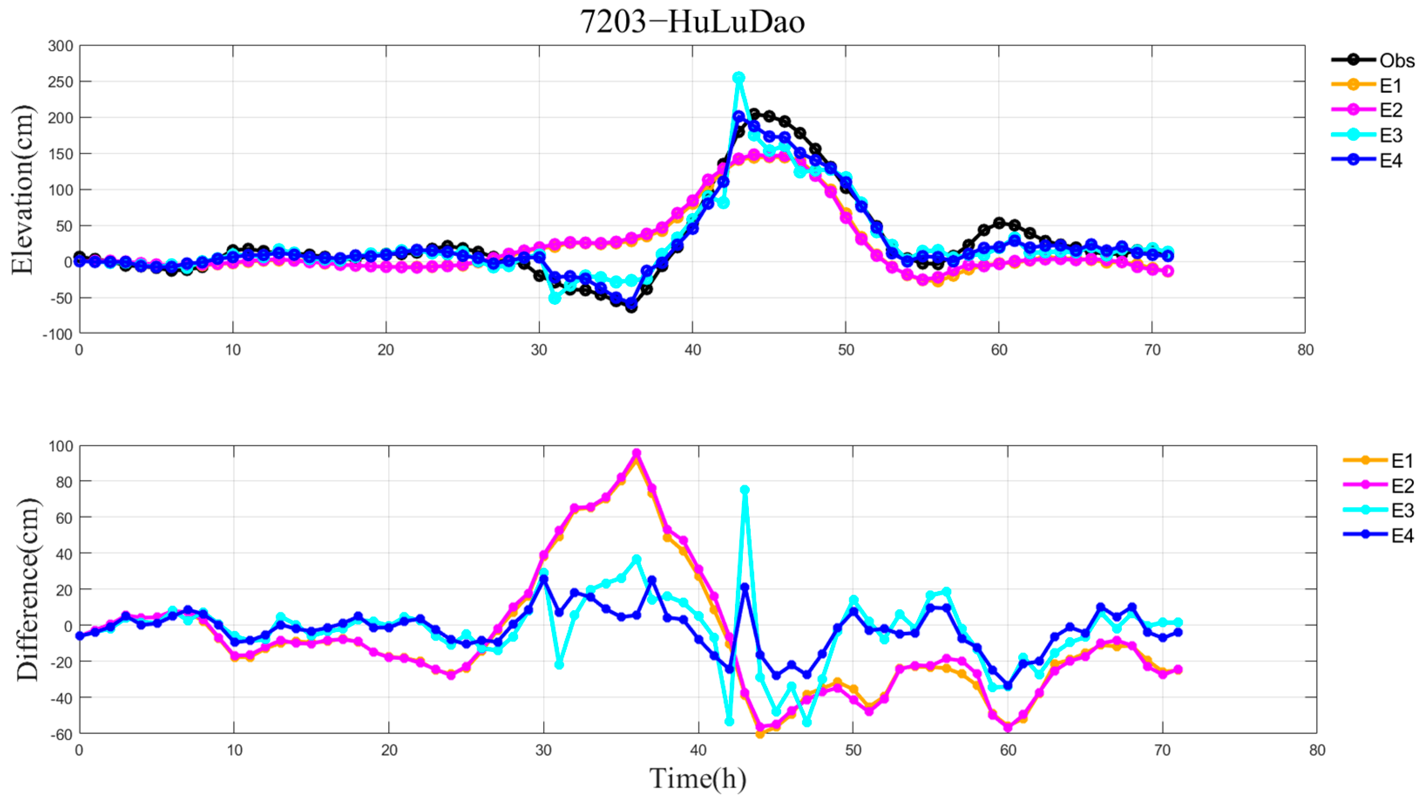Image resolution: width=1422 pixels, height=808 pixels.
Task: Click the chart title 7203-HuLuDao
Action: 692,23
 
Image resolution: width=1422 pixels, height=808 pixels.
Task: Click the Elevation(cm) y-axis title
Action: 22,189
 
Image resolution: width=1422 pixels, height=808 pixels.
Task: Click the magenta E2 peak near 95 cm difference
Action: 637,453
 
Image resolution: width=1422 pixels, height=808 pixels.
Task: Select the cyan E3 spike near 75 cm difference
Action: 745,490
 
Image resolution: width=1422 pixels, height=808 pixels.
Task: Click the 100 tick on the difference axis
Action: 61,446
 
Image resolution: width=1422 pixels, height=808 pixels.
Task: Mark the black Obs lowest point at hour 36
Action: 631,307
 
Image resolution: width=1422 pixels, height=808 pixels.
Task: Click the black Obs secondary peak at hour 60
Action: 999,223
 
